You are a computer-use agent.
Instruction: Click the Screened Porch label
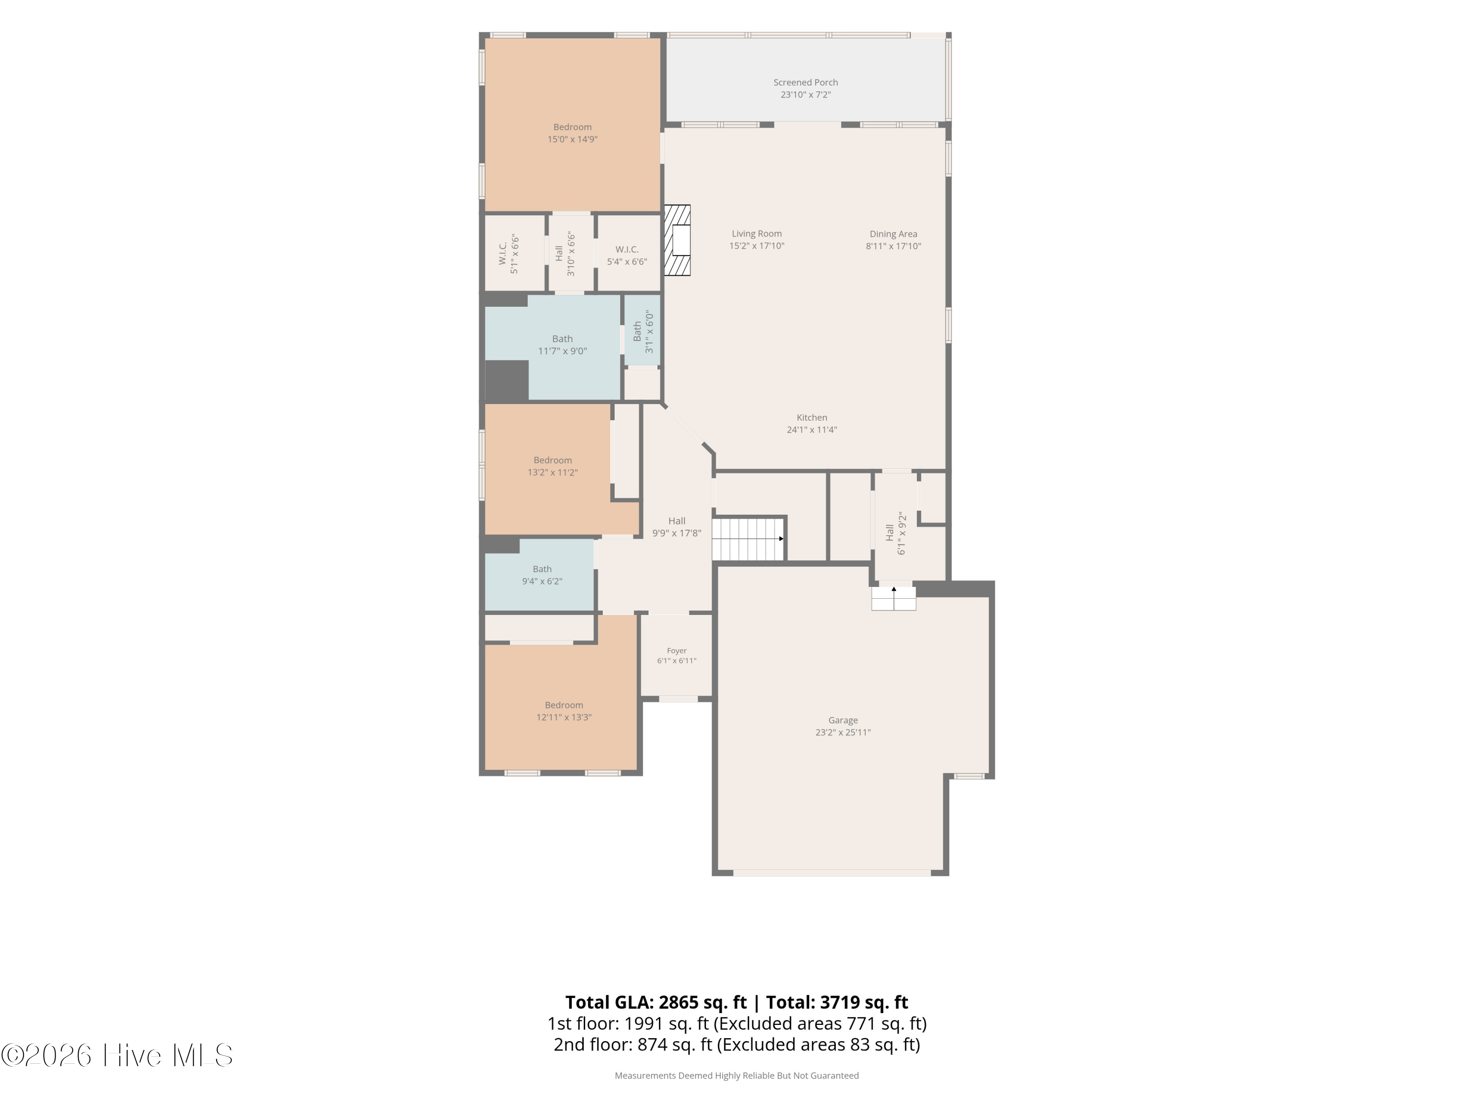806,83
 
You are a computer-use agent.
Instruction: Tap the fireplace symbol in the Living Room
677,240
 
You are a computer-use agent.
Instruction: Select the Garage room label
843,720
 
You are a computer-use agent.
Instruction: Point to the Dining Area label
893,234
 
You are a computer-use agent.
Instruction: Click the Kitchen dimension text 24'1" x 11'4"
812,430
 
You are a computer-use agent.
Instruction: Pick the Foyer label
677,651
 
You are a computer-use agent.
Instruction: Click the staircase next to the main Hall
749,539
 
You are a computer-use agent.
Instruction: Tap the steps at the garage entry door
894,599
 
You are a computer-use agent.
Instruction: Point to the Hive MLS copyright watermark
117,1055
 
